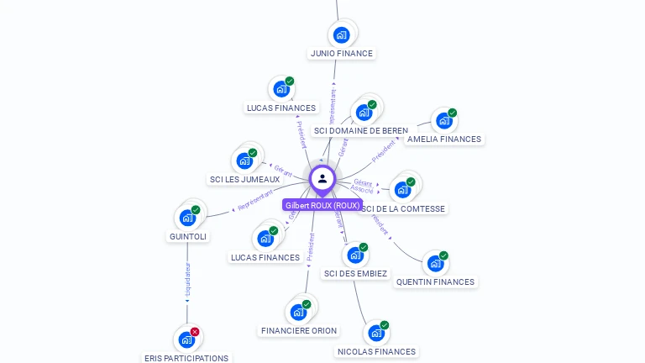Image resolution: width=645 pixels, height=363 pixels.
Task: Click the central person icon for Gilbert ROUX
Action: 322,178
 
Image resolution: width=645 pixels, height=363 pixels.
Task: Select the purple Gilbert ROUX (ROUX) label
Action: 322,205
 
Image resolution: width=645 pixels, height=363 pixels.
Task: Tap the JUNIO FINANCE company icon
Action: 341,34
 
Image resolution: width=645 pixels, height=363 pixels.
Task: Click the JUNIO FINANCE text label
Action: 342,53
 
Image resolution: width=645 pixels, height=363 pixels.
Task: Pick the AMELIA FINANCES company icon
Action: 443,121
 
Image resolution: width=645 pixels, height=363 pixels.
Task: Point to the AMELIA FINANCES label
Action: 444,139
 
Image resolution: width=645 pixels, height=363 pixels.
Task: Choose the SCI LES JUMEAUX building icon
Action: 244,160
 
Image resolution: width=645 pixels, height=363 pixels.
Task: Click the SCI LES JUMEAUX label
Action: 245,180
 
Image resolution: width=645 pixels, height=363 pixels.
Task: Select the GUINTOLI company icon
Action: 188,218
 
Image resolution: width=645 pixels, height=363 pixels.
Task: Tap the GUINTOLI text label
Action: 188,237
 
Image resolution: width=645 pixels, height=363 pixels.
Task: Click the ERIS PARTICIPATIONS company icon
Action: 186,340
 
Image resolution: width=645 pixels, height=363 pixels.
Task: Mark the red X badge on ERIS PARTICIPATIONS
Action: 195,332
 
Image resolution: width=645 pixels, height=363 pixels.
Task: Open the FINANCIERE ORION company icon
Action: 298,313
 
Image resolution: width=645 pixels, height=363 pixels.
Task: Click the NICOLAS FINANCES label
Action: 376,352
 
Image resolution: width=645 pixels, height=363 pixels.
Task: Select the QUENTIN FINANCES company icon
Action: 435,264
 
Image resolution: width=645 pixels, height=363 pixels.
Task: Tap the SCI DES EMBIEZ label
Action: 355,274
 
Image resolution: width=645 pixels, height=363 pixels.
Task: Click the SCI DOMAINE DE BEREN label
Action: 361,131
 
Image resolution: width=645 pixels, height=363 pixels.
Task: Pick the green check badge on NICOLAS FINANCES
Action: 385,325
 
